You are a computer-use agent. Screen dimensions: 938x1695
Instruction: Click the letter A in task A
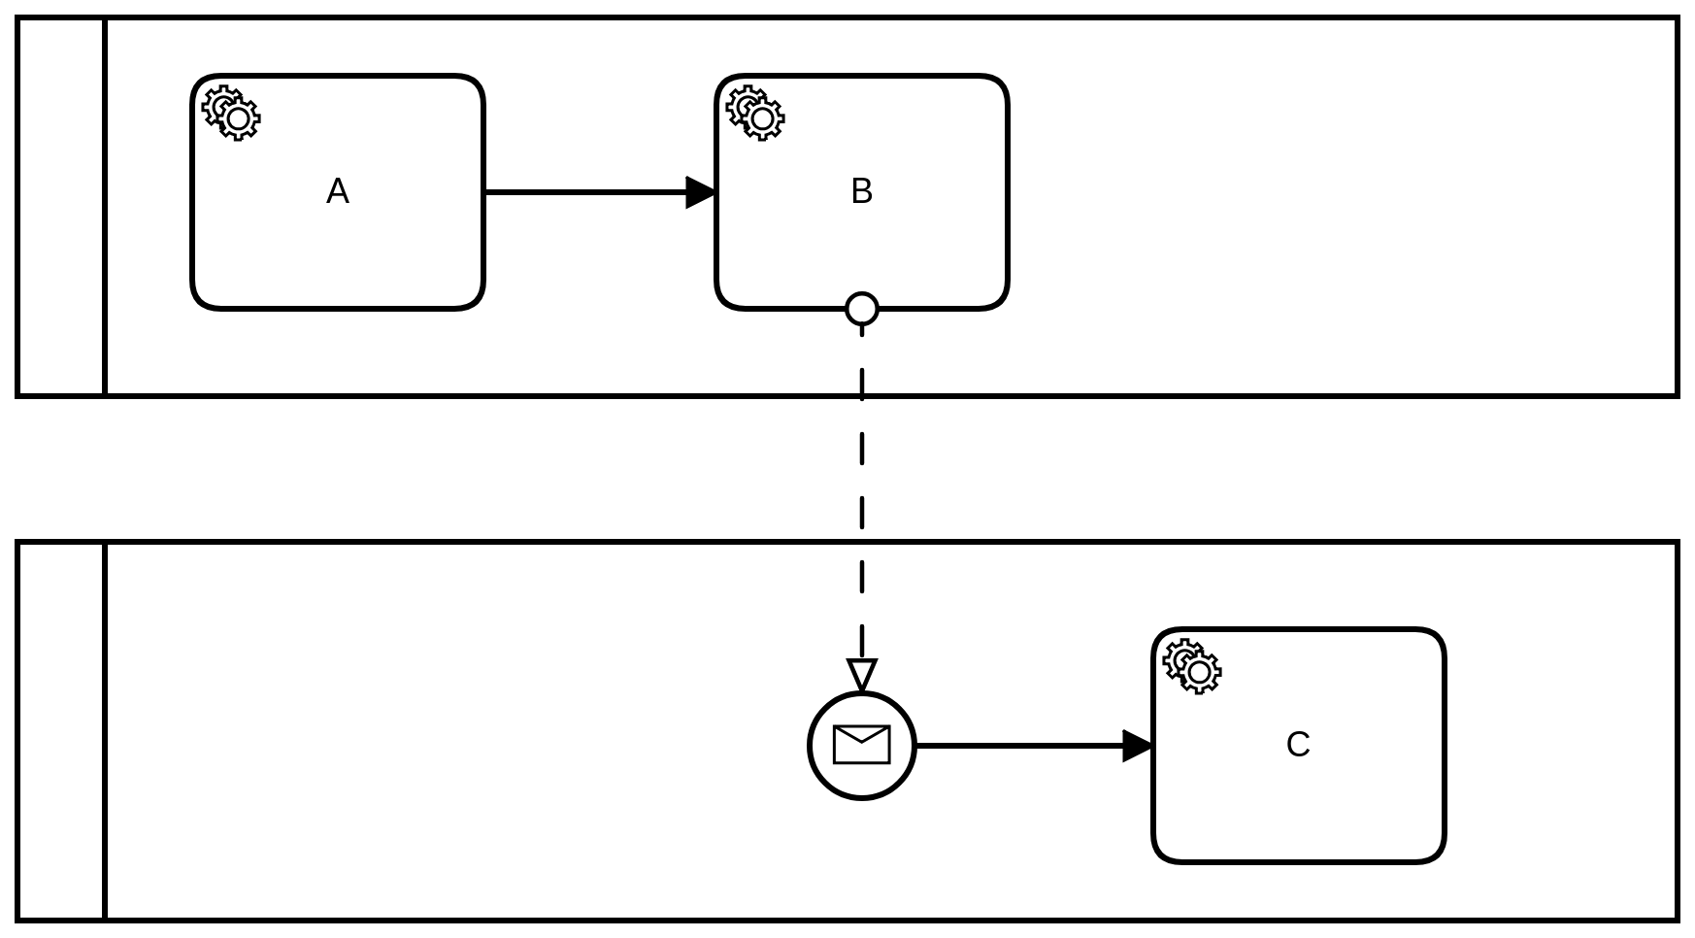tap(337, 192)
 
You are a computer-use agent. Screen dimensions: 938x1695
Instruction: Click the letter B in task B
tap(861, 192)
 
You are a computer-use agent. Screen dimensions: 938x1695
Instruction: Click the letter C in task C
tap(1298, 745)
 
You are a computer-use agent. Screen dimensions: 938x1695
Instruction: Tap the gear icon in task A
tap(231, 114)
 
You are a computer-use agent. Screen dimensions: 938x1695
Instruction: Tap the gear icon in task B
tap(755, 114)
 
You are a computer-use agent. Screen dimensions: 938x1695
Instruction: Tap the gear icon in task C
tap(1192, 666)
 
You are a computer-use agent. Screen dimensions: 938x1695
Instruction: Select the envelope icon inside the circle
tap(862, 745)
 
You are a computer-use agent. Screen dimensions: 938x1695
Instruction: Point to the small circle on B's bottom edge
tap(862, 309)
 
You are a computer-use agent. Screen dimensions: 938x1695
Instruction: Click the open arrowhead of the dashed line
tap(862, 675)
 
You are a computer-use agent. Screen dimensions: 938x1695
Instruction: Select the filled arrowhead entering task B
tap(700, 192)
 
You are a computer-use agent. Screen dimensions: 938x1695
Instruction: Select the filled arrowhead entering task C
tap(1137, 746)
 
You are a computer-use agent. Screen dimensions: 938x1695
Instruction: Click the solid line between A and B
tap(582, 192)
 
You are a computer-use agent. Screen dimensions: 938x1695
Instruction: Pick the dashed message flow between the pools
tap(862, 466)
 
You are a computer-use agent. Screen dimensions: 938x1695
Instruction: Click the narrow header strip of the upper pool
tap(61, 207)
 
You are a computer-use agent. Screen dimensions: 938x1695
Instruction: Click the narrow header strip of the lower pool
tap(61, 731)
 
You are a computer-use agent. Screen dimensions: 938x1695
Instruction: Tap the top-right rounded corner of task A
tap(476, 84)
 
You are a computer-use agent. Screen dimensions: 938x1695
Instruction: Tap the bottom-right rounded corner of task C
tap(1437, 854)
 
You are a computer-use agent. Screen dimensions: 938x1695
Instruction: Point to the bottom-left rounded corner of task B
tap(725, 300)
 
